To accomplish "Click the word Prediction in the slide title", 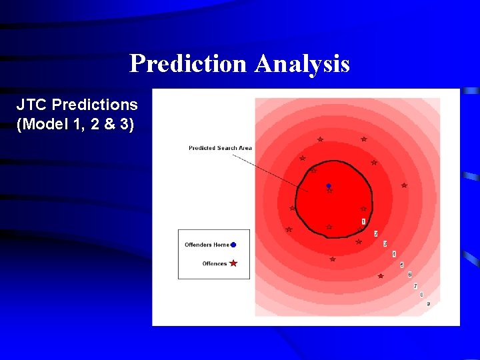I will pyautogui.click(x=189, y=63).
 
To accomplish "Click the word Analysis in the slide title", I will pyautogui.click(x=301, y=63).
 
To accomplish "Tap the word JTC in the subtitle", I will pyautogui.click(x=32, y=105).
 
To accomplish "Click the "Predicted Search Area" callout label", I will pyautogui.click(x=220, y=148).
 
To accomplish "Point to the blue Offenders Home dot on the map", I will pyautogui.click(x=329, y=186).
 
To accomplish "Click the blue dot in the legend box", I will pyautogui.click(x=233, y=245).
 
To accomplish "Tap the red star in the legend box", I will pyautogui.click(x=233, y=263).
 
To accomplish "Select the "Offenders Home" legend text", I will pyautogui.click(x=207, y=245).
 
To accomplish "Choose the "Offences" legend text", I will pyautogui.click(x=215, y=264).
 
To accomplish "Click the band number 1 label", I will pyautogui.click(x=363, y=221).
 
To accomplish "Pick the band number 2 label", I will pyautogui.click(x=375, y=234).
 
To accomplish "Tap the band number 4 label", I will pyautogui.click(x=394, y=254).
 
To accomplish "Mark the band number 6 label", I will pyautogui.click(x=409, y=275).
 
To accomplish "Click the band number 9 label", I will pyautogui.click(x=428, y=304).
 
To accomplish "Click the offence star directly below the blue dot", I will pyautogui.click(x=329, y=191).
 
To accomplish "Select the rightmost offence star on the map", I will pyautogui.click(x=404, y=185).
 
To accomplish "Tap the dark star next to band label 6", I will pyautogui.click(x=381, y=276).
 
